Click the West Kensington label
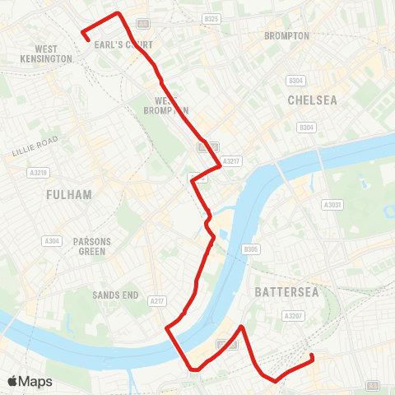tap(47, 55)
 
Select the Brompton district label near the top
tap(286, 36)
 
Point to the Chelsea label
tap(313, 100)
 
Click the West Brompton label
tap(166, 105)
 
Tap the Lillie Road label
tap(35, 146)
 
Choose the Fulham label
tap(68, 194)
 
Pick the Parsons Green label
tap(92, 246)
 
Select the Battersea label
tap(280, 292)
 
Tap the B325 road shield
tap(211, 18)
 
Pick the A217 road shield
tap(157, 302)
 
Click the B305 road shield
tap(251, 249)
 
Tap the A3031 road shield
tap(332, 204)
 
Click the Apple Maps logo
tap(30, 381)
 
